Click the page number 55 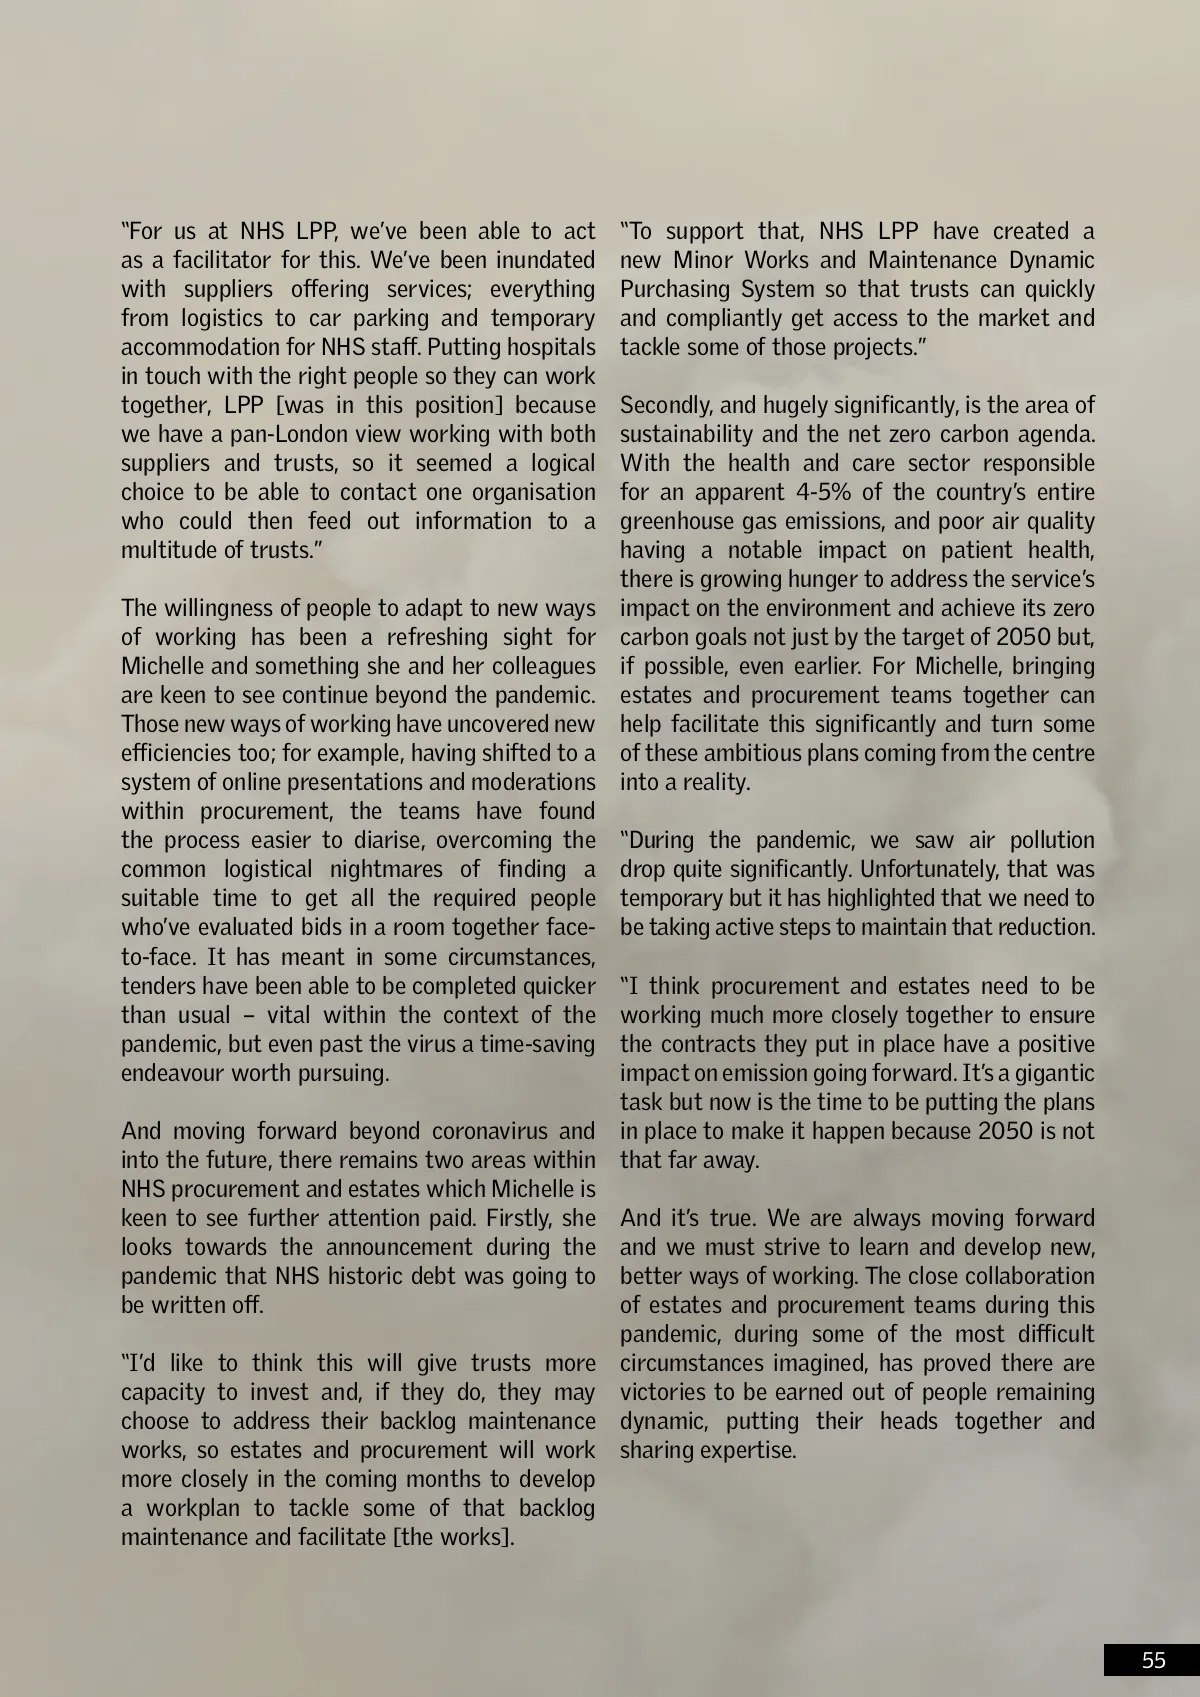[x=1153, y=1660]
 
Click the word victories [x=661, y=1392]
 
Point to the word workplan [x=194, y=1508]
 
